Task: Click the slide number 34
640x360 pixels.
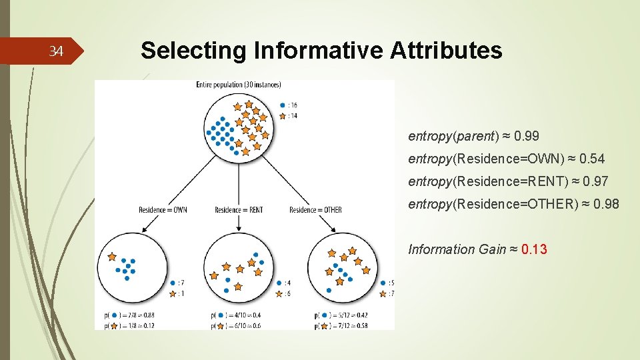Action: pos(57,52)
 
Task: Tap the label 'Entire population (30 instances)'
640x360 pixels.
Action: pos(239,85)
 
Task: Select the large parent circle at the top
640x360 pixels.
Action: pos(239,127)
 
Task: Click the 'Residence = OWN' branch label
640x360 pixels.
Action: pos(163,210)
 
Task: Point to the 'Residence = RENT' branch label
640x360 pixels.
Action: pos(239,210)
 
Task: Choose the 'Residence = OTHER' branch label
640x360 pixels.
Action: pos(315,210)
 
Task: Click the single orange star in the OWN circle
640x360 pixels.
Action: pos(111,256)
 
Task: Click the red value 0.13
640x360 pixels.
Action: pos(534,249)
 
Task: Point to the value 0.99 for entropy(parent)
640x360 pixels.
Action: pos(527,136)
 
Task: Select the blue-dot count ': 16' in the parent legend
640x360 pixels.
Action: pos(292,105)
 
